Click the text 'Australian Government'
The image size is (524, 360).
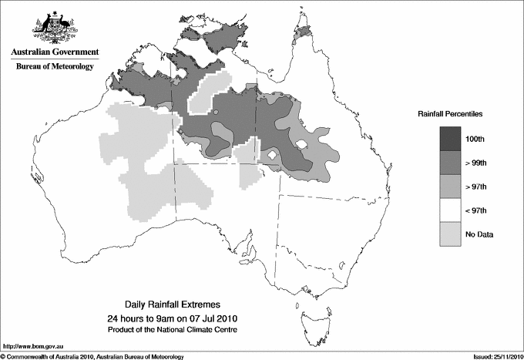[55, 52]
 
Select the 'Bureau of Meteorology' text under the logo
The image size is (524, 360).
[55, 67]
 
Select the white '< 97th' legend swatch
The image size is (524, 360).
[450, 209]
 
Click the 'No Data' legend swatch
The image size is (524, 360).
[450, 233]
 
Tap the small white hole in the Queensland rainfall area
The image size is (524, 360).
[304, 143]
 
